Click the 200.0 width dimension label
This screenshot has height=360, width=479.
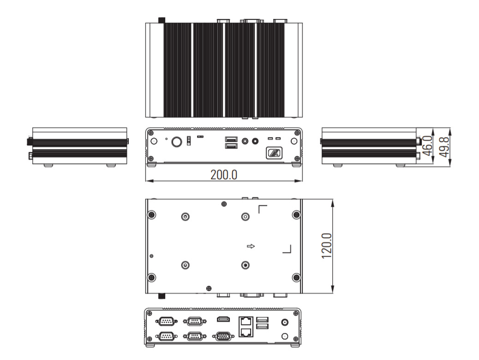click(224, 175)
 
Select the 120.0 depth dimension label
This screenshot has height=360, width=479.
click(327, 246)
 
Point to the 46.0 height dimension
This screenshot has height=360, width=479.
click(428, 146)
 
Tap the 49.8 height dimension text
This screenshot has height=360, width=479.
click(444, 147)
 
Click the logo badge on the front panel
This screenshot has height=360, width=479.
click(274, 153)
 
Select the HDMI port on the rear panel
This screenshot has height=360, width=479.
click(224, 319)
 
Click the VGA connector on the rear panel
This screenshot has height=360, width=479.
click(223, 336)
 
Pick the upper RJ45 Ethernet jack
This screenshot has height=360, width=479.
click(246, 322)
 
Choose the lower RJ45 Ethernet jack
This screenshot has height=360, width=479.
click(246, 332)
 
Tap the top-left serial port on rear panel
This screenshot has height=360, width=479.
click(166, 321)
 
